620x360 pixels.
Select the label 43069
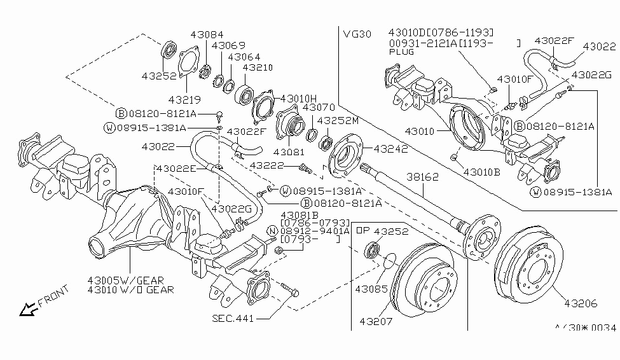228,46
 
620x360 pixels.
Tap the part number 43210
258,67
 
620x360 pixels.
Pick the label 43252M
338,120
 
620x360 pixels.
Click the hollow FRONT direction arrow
27,310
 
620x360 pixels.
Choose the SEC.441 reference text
233,319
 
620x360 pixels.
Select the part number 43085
371,289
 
